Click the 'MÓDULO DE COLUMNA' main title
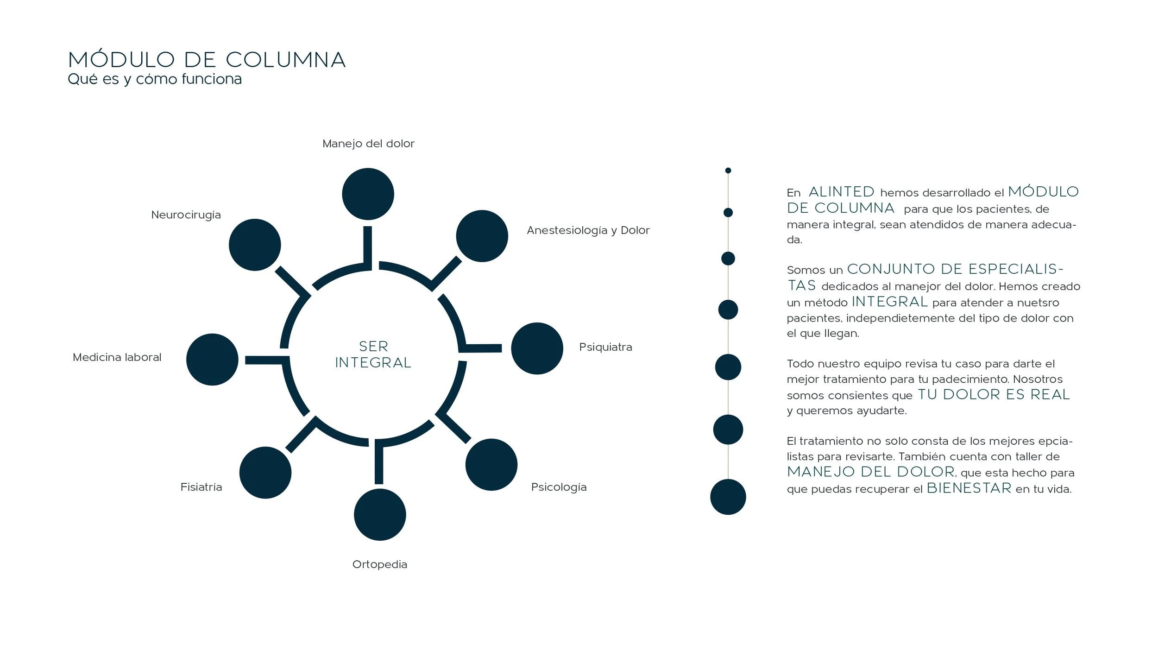(x=207, y=60)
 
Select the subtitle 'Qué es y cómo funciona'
(x=155, y=79)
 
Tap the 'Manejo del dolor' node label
(x=368, y=144)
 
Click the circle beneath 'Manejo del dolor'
(x=368, y=194)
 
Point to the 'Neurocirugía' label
(x=186, y=215)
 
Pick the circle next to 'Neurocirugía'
(x=255, y=245)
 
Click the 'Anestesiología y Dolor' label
(x=588, y=230)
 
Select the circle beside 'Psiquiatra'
(x=537, y=348)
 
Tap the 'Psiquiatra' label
(x=605, y=347)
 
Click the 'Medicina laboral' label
(x=117, y=357)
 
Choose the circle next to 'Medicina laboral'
(x=212, y=360)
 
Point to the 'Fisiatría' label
(x=201, y=487)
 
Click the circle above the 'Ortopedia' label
(x=380, y=514)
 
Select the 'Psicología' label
(x=559, y=487)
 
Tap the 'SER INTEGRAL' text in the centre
(x=373, y=354)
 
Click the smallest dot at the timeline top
(x=728, y=171)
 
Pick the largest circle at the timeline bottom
(x=728, y=497)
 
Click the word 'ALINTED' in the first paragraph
(x=841, y=192)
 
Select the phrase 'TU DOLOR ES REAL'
(x=994, y=395)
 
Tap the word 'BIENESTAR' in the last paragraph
(x=969, y=488)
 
